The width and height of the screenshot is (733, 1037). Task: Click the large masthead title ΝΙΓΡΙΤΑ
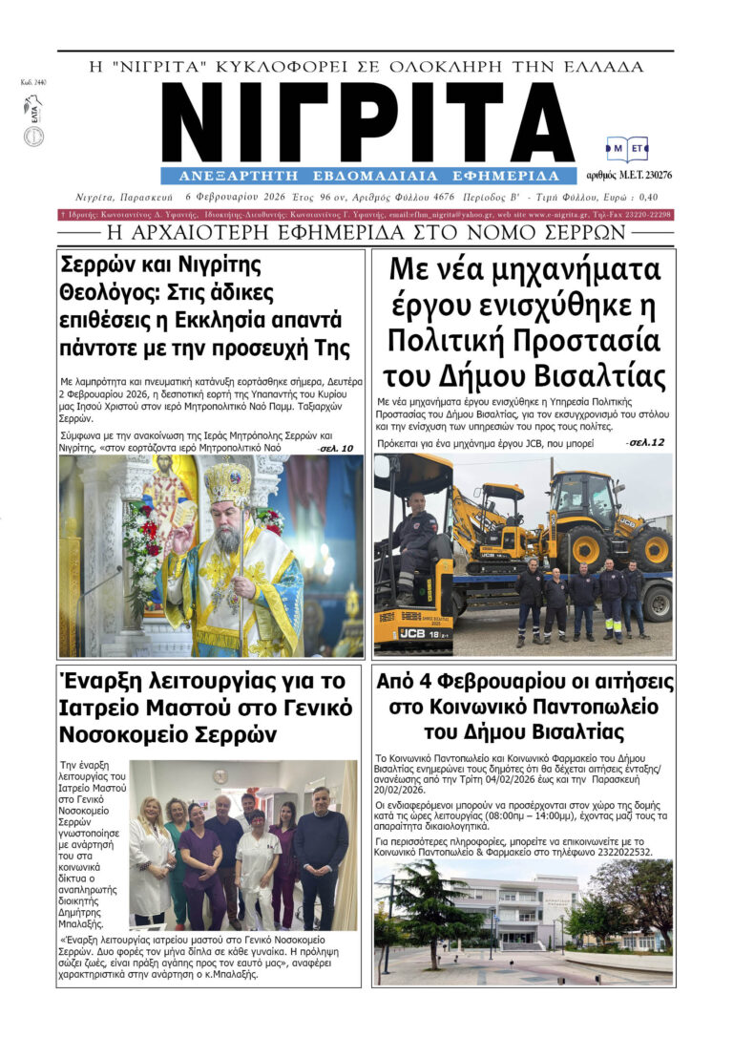pyautogui.click(x=368, y=122)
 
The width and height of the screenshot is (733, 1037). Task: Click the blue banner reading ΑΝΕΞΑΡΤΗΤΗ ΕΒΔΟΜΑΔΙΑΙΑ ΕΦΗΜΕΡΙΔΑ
pyautogui.click(x=368, y=176)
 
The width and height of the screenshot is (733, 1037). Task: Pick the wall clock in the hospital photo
pyautogui.click(x=220, y=775)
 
